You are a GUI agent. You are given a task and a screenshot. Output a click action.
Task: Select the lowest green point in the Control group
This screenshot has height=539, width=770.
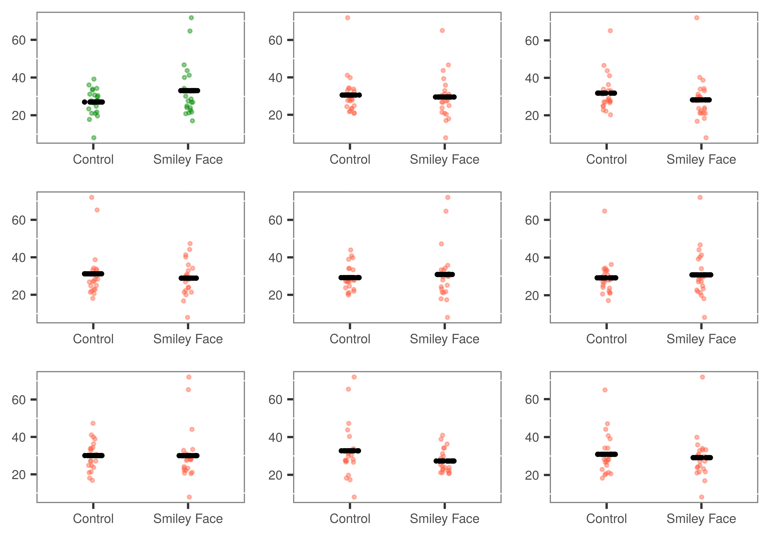(x=94, y=138)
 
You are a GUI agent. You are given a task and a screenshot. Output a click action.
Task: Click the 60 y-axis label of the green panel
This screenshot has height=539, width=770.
(x=19, y=40)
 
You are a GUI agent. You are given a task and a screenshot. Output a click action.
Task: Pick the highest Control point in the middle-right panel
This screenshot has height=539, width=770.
(x=604, y=211)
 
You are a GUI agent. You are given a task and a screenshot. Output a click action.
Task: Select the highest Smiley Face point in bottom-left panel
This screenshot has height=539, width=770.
(x=189, y=377)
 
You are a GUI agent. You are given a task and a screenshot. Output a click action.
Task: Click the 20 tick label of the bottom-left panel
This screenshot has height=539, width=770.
(x=19, y=475)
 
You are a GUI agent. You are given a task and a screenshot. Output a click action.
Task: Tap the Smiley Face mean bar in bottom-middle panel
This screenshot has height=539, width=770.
(x=445, y=461)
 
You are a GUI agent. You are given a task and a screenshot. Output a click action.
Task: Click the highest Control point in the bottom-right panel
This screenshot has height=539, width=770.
(x=605, y=390)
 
